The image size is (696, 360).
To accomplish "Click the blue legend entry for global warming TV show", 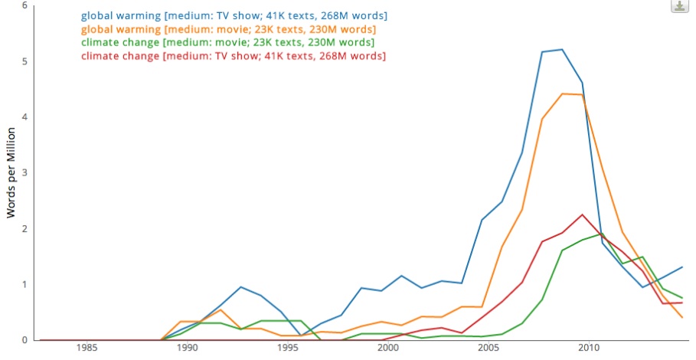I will pyautogui.click(x=234, y=15).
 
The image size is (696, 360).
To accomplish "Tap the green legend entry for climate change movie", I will pyautogui.click(x=227, y=42).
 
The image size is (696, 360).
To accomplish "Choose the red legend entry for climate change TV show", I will pyautogui.click(x=233, y=56).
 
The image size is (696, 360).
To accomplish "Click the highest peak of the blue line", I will pyautogui.click(x=562, y=49).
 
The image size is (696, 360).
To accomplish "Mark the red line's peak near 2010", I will pyautogui.click(x=582, y=214).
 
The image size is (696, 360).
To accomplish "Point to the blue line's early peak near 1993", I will pyautogui.click(x=240, y=287).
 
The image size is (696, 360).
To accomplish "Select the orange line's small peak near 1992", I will pyautogui.click(x=221, y=309).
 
